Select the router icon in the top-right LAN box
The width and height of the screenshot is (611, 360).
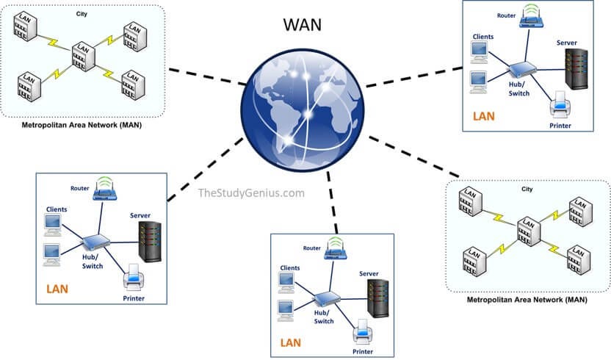531,18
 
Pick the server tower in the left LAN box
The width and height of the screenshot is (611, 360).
150,241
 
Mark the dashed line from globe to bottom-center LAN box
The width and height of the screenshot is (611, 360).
335,206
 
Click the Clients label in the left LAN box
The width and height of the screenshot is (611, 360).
56,209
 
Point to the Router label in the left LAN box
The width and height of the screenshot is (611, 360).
81,188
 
